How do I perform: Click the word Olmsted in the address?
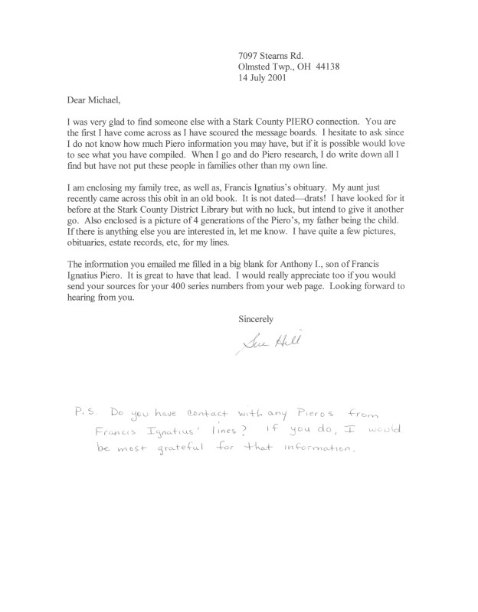pos(259,66)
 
